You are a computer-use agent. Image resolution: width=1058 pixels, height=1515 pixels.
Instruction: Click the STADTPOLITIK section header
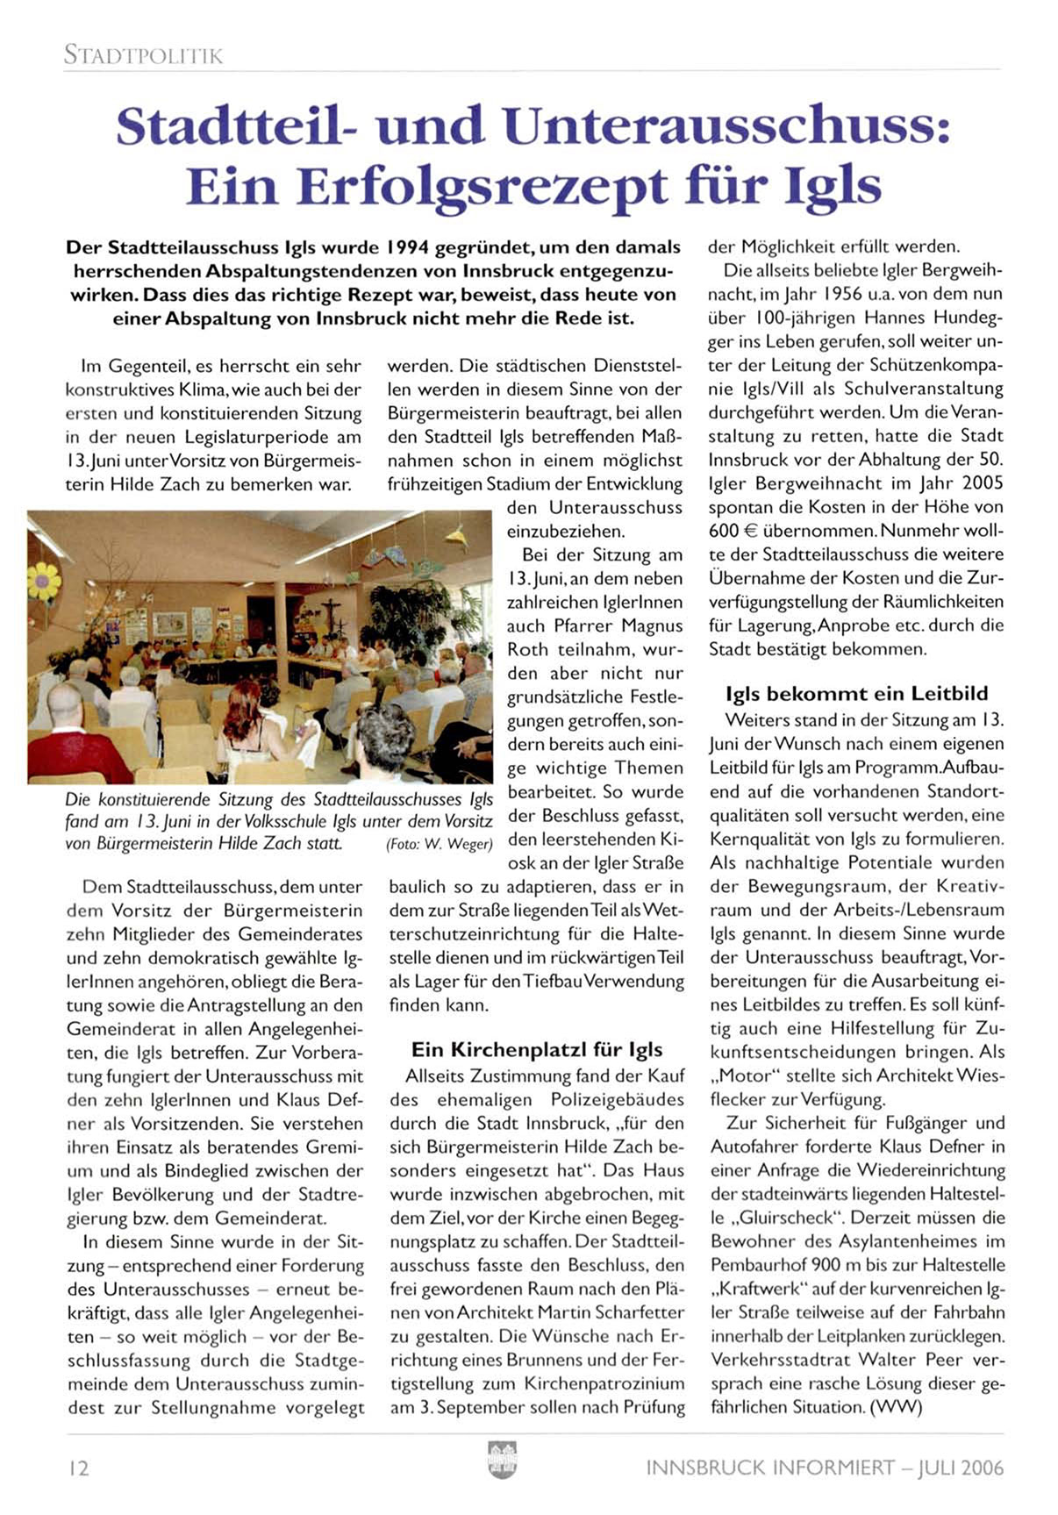pos(143,55)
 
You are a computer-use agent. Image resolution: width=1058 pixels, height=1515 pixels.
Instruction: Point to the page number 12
pos(78,1468)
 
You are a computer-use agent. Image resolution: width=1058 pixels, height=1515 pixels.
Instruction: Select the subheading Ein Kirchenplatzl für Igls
pos(537,1050)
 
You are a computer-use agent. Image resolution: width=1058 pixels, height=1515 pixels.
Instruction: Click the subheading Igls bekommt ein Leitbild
pos(856,694)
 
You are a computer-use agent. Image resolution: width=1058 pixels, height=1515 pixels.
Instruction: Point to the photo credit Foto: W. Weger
pos(440,845)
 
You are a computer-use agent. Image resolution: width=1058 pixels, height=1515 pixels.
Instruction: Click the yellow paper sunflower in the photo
pos(43,582)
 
